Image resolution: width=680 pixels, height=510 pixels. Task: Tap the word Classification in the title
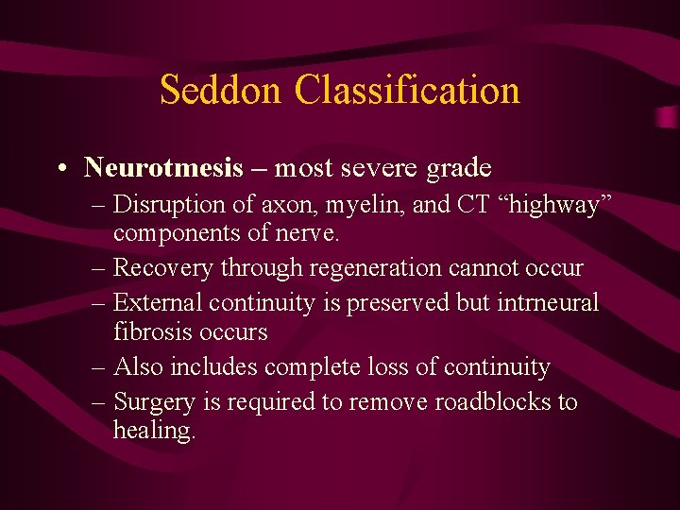[407, 91]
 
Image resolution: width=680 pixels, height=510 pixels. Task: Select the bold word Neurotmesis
[163, 168]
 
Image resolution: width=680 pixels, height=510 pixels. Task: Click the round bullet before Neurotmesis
[60, 169]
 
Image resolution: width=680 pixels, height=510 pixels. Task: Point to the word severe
[382, 168]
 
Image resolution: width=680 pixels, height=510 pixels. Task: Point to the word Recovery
[163, 269]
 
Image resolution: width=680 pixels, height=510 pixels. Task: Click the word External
[158, 303]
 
